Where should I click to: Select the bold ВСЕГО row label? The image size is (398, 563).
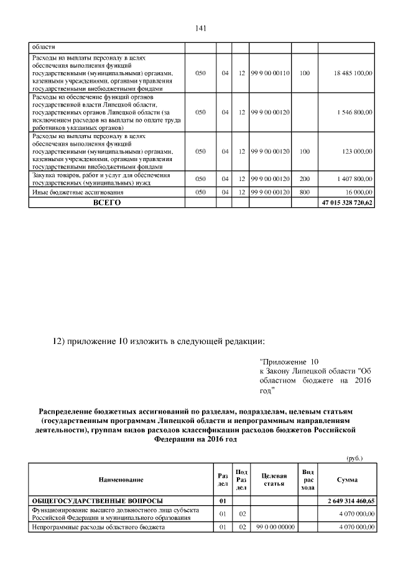(107, 203)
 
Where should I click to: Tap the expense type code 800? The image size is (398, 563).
(304, 193)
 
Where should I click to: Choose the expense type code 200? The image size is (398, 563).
(304, 179)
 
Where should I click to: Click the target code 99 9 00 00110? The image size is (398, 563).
(271, 73)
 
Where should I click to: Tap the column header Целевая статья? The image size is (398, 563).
(274, 480)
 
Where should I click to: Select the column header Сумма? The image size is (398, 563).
(346, 480)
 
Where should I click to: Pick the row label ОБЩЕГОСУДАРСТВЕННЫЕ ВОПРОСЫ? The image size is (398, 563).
(98, 500)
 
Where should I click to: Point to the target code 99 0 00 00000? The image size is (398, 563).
(274, 527)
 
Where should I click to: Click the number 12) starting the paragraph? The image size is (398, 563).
(58, 340)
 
